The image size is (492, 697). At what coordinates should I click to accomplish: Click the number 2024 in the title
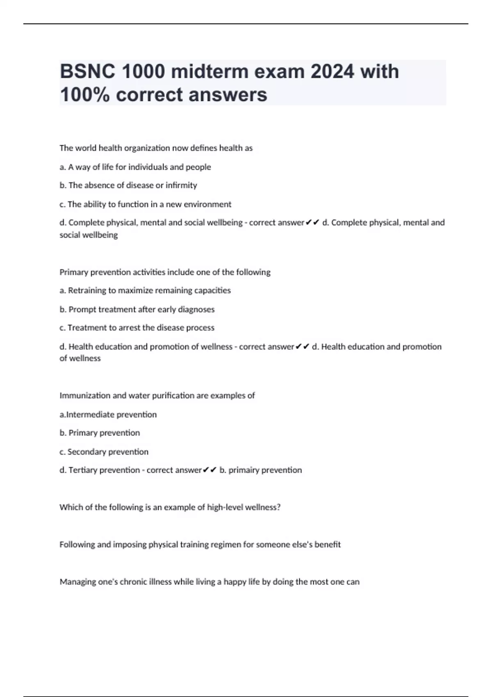(332, 72)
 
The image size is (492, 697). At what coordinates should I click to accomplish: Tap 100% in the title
(84, 95)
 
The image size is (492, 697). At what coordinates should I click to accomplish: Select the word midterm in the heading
(209, 72)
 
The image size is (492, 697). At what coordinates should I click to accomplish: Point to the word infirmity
(181, 185)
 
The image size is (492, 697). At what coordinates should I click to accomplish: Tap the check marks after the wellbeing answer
(313, 223)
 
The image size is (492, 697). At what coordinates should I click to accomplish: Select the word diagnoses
(196, 310)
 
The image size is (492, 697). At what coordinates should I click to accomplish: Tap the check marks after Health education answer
(302, 347)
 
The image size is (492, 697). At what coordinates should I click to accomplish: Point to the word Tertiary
(83, 470)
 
